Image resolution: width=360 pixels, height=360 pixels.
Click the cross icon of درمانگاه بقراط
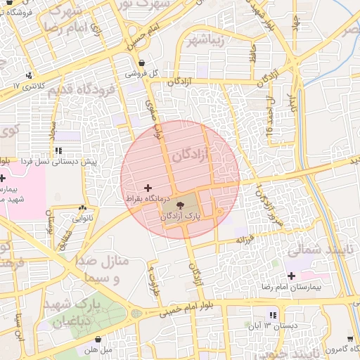click(148, 187)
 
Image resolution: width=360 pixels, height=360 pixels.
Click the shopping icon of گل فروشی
click(143, 62)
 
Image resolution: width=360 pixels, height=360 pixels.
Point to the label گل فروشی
click(142, 72)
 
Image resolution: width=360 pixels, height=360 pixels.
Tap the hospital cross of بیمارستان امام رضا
click(292, 276)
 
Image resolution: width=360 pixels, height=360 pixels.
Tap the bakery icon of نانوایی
click(83, 207)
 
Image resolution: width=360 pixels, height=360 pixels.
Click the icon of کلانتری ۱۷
click(29, 75)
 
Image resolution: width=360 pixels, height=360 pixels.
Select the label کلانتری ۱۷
click(29, 86)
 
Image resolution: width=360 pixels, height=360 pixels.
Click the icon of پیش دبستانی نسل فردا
click(58, 150)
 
